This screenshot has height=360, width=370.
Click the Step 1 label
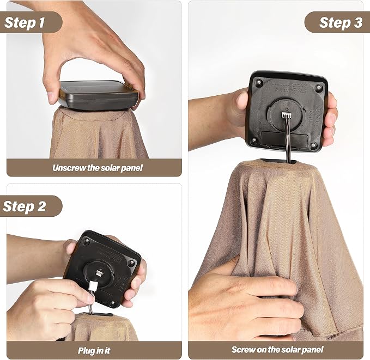(x=25, y=23)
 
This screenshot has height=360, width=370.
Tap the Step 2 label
(x=25, y=206)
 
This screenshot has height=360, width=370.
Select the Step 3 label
(x=341, y=23)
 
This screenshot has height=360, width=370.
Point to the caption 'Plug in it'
(x=94, y=351)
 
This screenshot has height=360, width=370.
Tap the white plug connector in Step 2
(x=92, y=285)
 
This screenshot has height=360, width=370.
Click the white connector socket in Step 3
(x=286, y=115)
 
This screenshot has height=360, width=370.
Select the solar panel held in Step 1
(x=98, y=95)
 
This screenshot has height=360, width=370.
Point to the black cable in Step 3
(x=288, y=140)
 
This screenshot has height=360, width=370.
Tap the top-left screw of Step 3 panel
(x=260, y=83)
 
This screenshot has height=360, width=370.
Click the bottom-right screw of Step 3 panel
(x=313, y=145)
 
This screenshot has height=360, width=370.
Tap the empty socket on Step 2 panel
(x=99, y=273)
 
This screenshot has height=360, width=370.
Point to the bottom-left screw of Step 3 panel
(x=254, y=141)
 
